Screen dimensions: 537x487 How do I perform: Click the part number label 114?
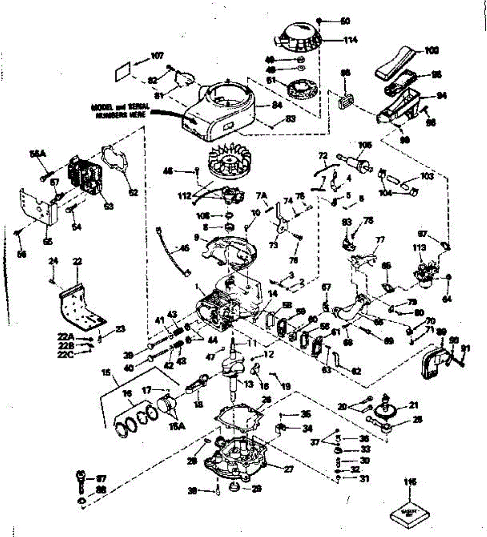pos(351,40)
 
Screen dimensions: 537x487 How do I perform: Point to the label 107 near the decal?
pos(157,56)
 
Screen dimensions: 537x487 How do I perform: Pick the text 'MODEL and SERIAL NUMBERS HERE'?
pos(120,111)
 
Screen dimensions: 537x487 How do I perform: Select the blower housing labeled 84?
pos(219,112)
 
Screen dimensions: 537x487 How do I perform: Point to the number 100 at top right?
pos(431,51)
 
